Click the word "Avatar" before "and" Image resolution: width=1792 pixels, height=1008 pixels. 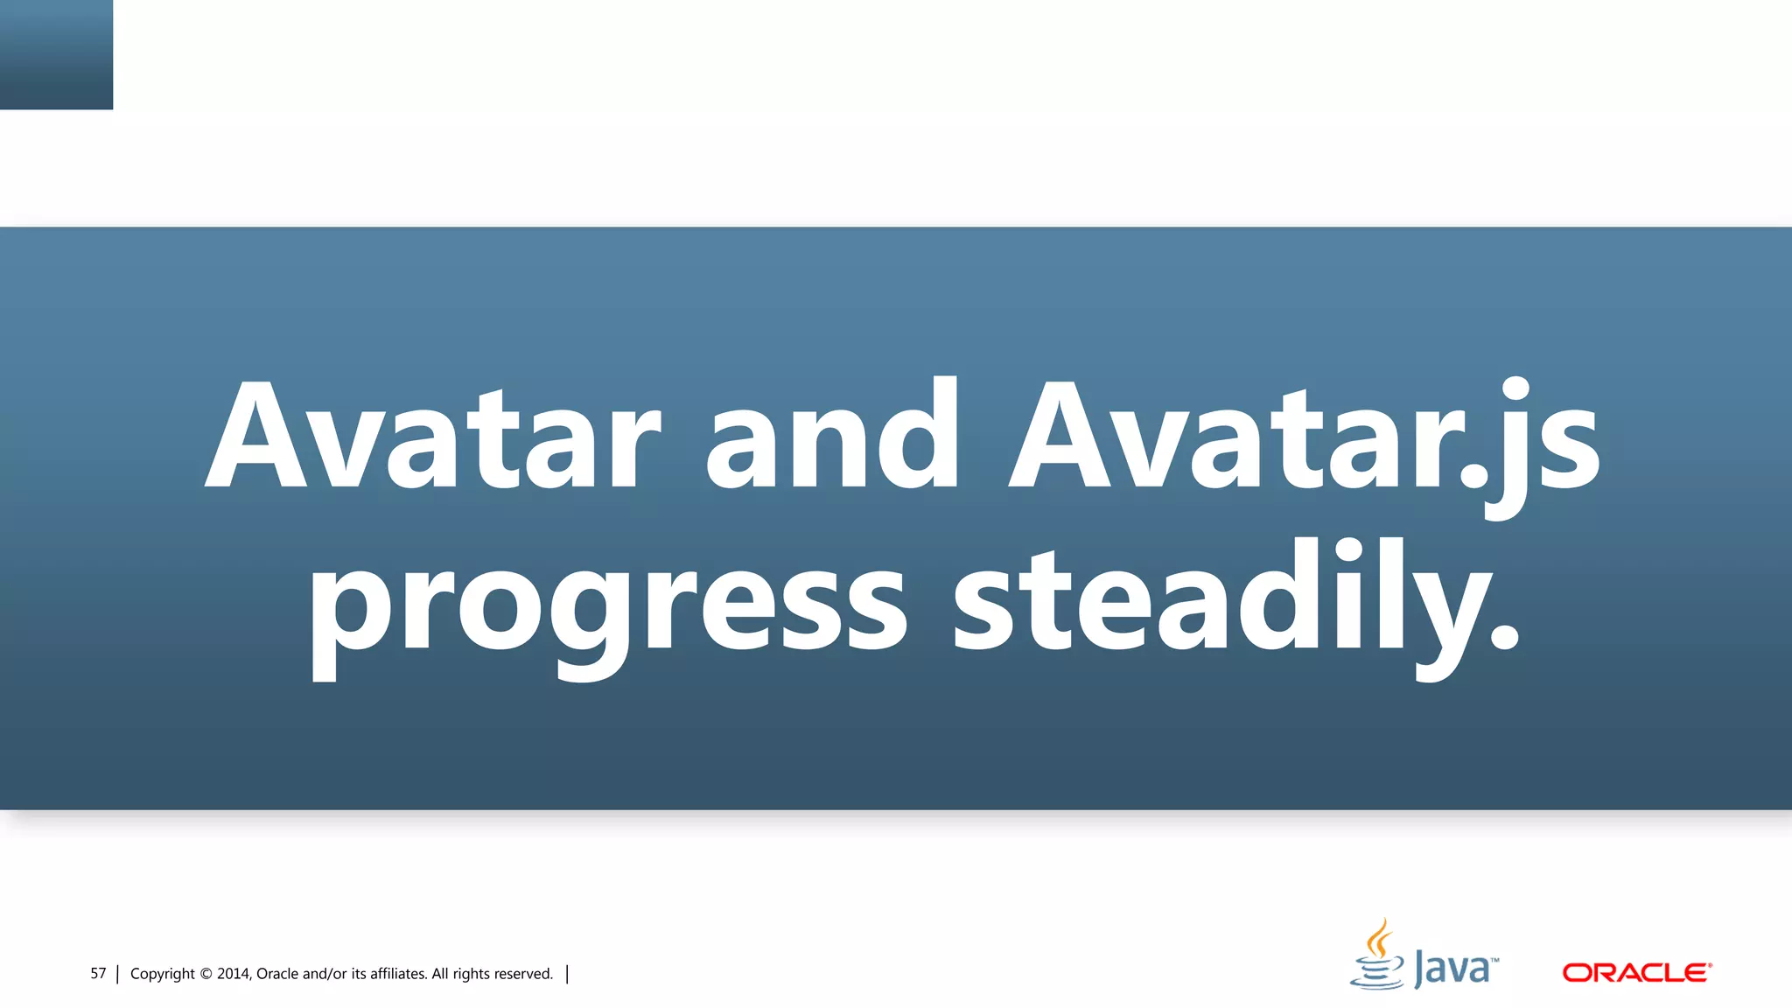[432, 435]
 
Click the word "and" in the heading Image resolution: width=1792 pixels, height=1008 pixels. [832, 435]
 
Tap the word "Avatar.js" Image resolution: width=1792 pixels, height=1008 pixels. [1304, 437]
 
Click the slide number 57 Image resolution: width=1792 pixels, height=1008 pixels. [98, 974]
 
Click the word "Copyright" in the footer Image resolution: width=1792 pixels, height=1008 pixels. [162, 974]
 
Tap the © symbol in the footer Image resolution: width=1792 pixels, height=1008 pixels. [206, 974]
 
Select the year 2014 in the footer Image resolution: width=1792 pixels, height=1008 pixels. [234, 974]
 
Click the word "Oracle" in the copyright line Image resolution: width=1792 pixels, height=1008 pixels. [277, 974]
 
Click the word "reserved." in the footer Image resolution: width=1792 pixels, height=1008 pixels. [523, 974]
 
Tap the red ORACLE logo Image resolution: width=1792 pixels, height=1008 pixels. [1636, 973]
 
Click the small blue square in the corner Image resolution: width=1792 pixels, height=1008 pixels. [56, 54]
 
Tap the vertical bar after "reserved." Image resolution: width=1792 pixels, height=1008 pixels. [567, 974]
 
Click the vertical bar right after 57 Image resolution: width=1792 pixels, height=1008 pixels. [117, 974]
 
